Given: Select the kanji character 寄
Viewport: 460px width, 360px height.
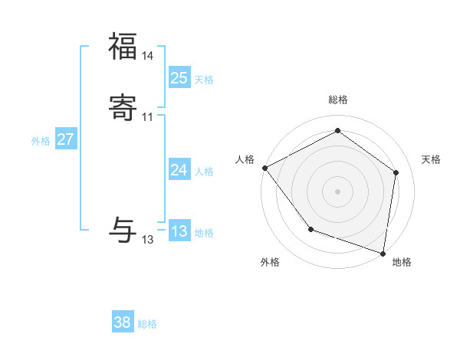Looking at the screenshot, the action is click(x=123, y=109).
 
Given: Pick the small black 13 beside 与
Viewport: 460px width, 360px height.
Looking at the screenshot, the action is click(x=148, y=240).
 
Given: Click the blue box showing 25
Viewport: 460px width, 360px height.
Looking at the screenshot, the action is click(x=179, y=77).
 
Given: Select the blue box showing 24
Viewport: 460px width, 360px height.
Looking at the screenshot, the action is click(x=179, y=170).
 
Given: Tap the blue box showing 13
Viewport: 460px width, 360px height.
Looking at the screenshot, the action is click(x=179, y=231).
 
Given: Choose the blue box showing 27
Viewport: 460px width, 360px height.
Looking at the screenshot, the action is click(x=65, y=139).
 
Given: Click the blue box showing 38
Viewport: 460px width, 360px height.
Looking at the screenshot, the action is click(x=122, y=322).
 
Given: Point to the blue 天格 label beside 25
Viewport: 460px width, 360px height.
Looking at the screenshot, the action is click(x=204, y=79).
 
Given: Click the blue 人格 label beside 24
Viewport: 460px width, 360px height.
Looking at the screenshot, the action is click(x=204, y=172).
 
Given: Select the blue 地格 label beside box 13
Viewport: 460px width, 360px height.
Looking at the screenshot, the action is click(x=204, y=233).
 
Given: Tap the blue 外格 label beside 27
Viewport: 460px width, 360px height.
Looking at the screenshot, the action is click(x=41, y=141).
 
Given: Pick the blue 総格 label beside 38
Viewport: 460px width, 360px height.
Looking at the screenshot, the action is click(x=147, y=324).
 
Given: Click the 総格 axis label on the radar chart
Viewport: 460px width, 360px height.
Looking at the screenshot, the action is click(x=337, y=100).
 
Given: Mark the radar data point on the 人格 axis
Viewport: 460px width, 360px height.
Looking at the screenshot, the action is click(x=264, y=167).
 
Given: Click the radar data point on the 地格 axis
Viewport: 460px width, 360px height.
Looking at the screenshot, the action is click(x=383, y=253).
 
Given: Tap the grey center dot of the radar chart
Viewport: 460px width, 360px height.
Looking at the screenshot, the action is click(x=337, y=191).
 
